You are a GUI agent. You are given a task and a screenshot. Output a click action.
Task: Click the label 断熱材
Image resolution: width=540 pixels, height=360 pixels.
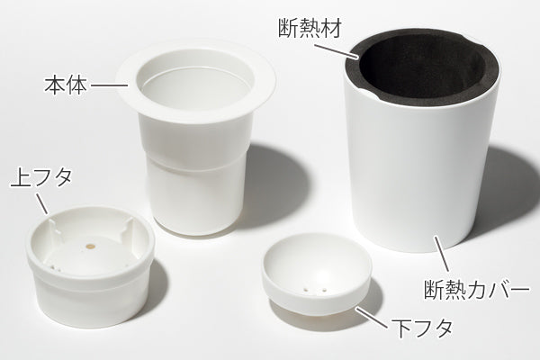[310, 20]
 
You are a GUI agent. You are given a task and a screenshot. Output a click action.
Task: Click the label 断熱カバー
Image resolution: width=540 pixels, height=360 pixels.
[475, 291]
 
